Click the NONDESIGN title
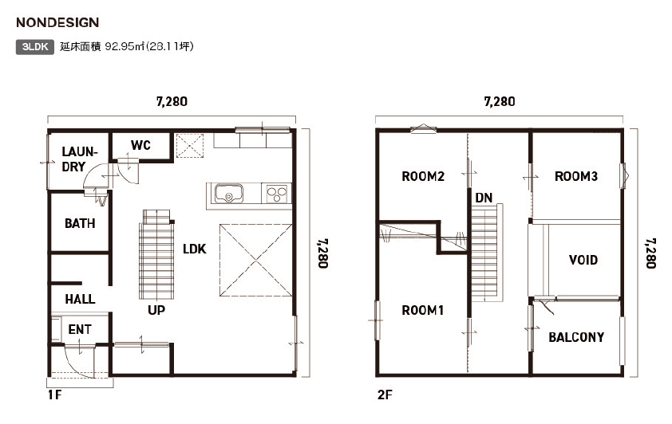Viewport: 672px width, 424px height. pyautogui.click(x=57, y=22)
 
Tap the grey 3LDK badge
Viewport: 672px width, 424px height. pyautogui.click(x=35, y=47)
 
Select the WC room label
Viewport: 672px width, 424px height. pyautogui.click(x=140, y=145)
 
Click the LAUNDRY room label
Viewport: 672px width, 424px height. pyautogui.click(x=79, y=159)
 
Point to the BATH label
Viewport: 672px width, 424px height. pyautogui.click(x=80, y=223)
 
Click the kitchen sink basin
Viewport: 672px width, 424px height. pyautogui.click(x=229, y=194)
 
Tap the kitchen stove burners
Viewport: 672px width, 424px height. pyautogui.click(x=277, y=194)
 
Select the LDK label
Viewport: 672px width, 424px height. pyautogui.click(x=195, y=249)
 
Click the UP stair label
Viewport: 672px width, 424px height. pyautogui.click(x=156, y=310)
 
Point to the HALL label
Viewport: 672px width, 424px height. pyautogui.click(x=80, y=299)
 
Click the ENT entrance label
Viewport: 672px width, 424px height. pyautogui.click(x=80, y=329)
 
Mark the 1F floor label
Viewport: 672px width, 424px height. pyautogui.click(x=54, y=395)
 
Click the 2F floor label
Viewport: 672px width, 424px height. pyautogui.click(x=385, y=395)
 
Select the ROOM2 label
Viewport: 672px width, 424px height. pyautogui.click(x=423, y=176)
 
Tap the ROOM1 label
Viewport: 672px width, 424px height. pyautogui.click(x=422, y=310)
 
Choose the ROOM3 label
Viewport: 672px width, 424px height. pyautogui.click(x=576, y=176)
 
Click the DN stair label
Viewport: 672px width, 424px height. pyautogui.click(x=484, y=198)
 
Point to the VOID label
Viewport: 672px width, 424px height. pyautogui.click(x=583, y=260)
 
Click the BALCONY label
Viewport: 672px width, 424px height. pyautogui.click(x=576, y=337)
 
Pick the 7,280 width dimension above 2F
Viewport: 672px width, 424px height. pyautogui.click(x=500, y=101)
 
